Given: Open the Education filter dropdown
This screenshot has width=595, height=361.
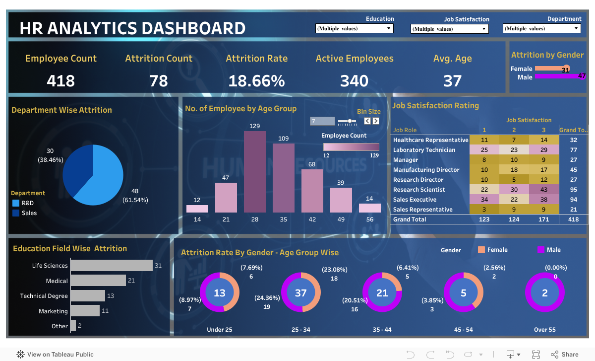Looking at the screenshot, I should [x=355, y=29].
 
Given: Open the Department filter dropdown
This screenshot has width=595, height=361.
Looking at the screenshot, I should [x=541, y=29].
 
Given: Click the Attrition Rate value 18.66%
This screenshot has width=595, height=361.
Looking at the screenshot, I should [x=256, y=81].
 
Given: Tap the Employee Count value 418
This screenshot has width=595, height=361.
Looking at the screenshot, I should [x=60, y=81].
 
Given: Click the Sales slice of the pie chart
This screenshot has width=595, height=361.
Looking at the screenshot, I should [x=77, y=169].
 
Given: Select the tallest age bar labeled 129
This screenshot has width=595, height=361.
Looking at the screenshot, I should [x=254, y=172].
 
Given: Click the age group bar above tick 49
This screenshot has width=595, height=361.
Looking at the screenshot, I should [x=341, y=200].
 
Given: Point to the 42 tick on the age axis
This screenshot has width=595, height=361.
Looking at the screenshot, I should [x=312, y=219].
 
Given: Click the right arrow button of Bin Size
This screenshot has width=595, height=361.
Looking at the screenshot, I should [x=376, y=121].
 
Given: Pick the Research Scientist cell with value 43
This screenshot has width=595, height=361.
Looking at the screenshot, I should [x=544, y=190].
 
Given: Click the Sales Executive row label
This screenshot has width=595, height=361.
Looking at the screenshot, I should [x=415, y=200].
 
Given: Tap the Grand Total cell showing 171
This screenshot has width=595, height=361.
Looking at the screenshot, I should [x=544, y=219].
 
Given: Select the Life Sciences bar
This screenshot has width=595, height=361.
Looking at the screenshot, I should [x=112, y=266].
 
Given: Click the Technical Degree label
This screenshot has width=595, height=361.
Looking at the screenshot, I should [x=44, y=296].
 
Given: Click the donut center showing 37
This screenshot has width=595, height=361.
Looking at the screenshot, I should [x=301, y=293].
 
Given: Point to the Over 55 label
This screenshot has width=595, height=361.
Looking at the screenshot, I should [x=544, y=330].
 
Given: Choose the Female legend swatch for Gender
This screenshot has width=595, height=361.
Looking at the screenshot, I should [x=481, y=250].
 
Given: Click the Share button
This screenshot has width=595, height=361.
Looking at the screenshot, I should [x=564, y=354].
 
